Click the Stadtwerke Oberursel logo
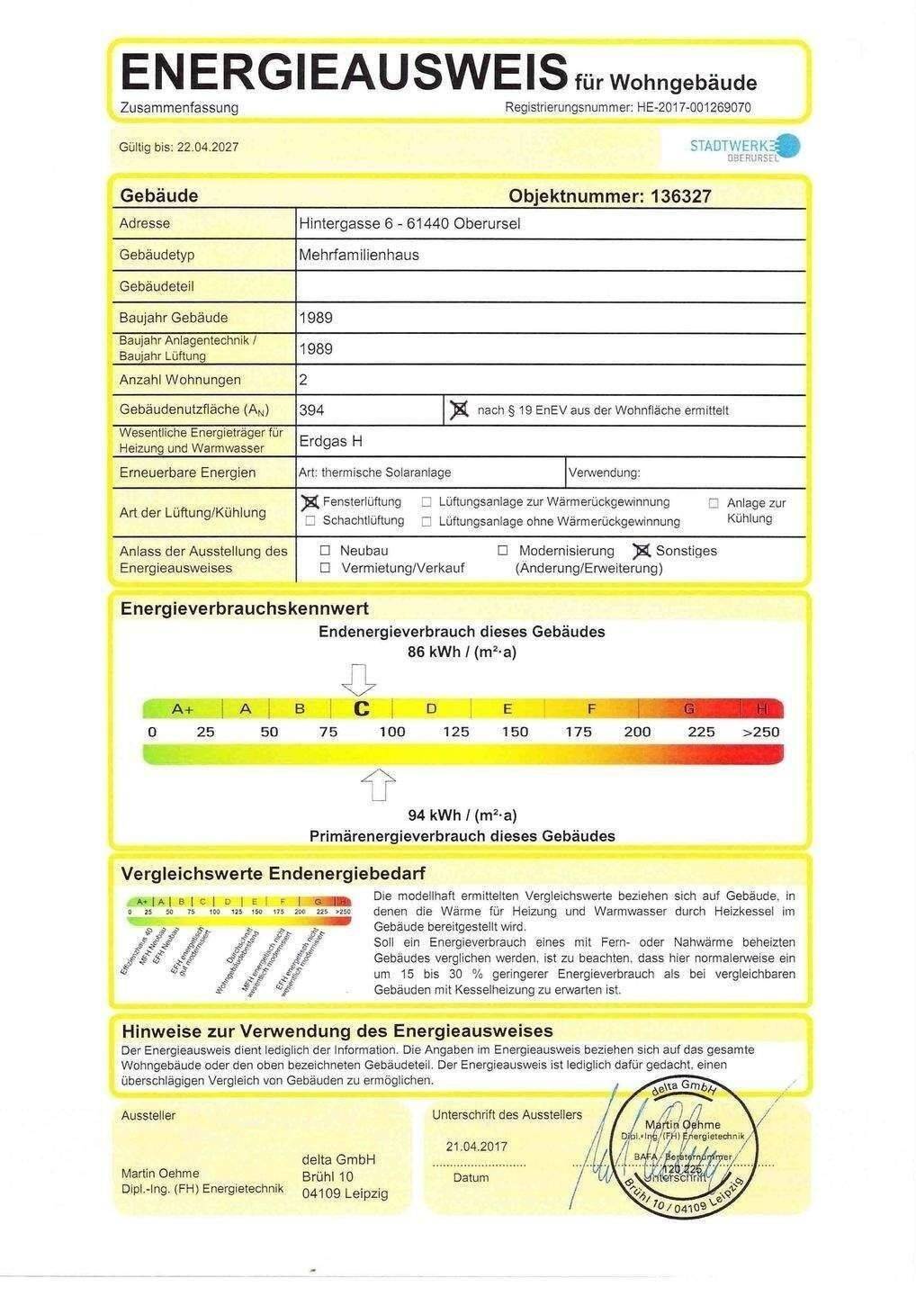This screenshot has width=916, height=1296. pyautogui.click(x=743, y=147)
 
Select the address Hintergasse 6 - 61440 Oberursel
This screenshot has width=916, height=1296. pyautogui.click(x=409, y=223)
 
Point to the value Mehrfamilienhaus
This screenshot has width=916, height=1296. pyautogui.click(x=359, y=255)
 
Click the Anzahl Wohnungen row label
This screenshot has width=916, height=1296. pyautogui.click(x=180, y=380)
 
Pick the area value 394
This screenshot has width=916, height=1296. pyautogui.click(x=311, y=410)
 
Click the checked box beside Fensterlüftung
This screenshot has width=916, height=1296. pyautogui.click(x=310, y=502)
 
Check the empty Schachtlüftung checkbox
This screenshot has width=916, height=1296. pyautogui.click(x=310, y=521)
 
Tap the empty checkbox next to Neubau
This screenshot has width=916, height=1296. pyautogui.click(x=325, y=551)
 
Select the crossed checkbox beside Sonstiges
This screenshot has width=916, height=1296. pyautogui.click(x=642, y=551)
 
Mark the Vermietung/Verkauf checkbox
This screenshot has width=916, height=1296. pyautogui.click(x=325, y=568)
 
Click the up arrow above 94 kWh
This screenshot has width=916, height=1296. pyautogui.click(x=379, y=784)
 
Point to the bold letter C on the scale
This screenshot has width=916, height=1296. pyautogui.click(x=362, y=709)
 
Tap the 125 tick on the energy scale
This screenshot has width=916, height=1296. pyautogui.click(x=456, y=732)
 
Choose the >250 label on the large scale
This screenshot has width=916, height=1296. pyautogui.click(x=760, y=732)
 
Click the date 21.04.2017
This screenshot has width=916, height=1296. pyautogui.click(x=477, y=1147)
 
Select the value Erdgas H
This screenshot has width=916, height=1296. pyautogui.click(x=330, y=442)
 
